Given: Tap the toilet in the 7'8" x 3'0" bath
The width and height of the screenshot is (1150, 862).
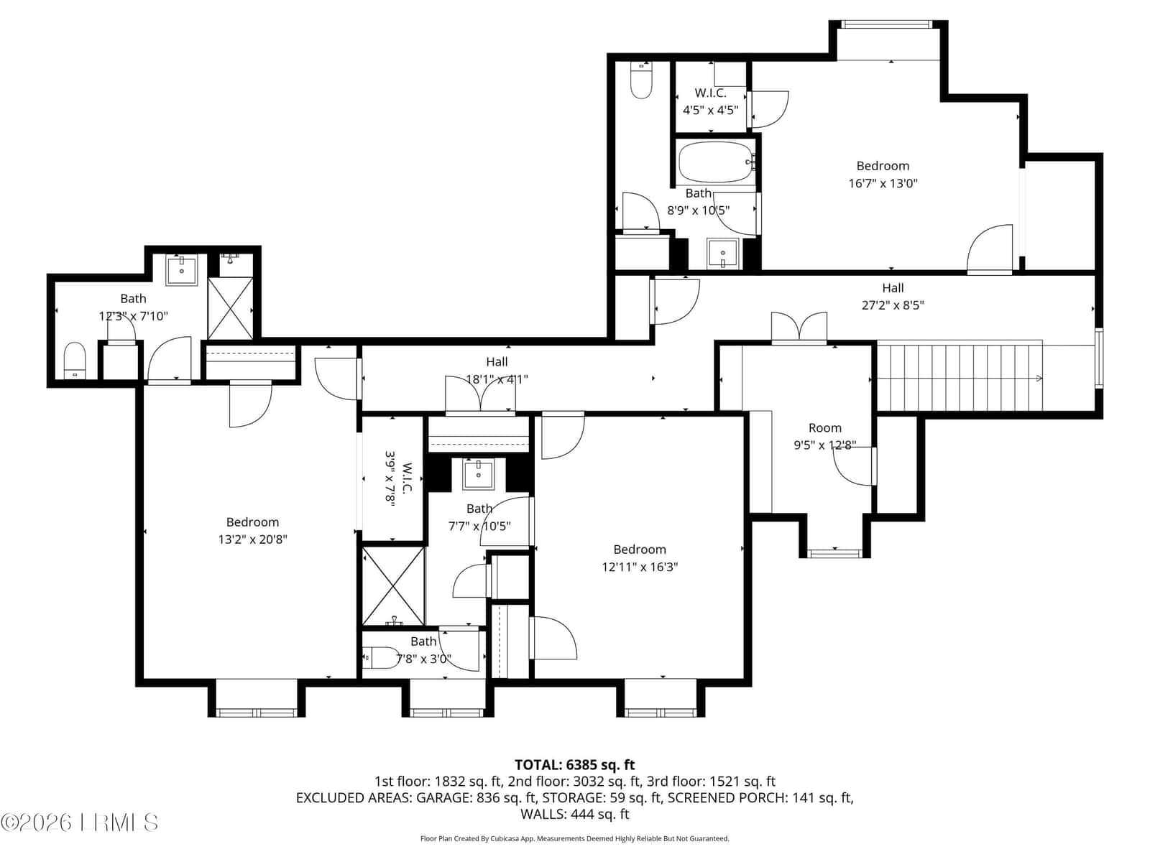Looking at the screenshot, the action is tap(381, 657).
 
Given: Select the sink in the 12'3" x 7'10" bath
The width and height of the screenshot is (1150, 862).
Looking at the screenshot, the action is tap(182, 270).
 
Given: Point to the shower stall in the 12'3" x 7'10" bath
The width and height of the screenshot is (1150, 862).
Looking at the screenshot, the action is tap(231, 308).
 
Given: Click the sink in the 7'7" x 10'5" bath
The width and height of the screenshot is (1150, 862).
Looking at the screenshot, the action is tap(479, 474).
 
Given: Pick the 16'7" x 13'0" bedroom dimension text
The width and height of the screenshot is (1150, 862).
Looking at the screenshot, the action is tap(883, 183).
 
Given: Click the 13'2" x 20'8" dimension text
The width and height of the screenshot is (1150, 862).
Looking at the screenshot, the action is tap(252, 539).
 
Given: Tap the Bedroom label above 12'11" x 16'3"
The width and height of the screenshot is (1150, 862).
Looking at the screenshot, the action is tap(640, 549).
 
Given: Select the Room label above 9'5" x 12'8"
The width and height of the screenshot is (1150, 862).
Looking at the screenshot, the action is tap(824, 427).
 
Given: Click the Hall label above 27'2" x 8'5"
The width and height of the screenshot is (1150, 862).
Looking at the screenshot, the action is tap(893, 287).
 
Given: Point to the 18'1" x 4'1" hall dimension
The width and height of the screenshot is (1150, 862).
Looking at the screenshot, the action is tap(497, 379).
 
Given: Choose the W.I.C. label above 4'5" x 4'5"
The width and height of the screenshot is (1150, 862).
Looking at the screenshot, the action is tap(710, 93).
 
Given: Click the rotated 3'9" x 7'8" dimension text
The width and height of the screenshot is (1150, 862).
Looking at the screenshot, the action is tap(390, 477).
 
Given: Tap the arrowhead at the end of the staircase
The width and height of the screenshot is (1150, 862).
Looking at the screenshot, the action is tap(1039, 379).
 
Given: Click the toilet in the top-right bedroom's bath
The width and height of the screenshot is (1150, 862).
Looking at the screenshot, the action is tap(641, 81).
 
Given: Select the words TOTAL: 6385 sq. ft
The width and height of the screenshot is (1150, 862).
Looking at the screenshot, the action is tap(575, 764).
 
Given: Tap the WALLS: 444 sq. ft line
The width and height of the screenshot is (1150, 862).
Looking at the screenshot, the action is tap(575, 814).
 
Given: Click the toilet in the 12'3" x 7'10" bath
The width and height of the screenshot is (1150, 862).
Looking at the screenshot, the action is tap(75, 360).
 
